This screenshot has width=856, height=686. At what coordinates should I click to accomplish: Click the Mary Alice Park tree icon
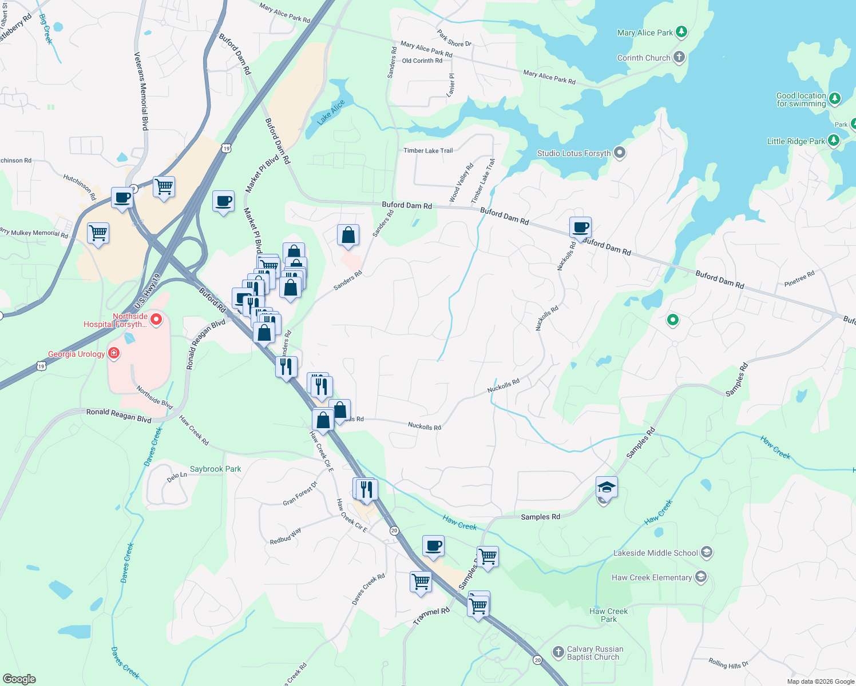click(681, 31)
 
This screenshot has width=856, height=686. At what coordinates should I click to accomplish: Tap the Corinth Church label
click(643, 58)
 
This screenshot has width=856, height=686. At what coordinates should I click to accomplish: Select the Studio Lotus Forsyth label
click(573, 153)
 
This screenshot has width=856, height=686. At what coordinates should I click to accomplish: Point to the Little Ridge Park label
click(796, 141)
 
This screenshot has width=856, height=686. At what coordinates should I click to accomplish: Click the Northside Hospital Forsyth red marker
click(156, 319)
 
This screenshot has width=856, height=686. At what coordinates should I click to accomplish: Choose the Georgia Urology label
click(76, 354)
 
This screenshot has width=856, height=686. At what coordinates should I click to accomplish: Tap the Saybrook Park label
click(215, 469)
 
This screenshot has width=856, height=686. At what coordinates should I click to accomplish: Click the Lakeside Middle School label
click(655, 553)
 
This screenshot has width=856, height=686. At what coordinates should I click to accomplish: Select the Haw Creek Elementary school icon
click(701, 577)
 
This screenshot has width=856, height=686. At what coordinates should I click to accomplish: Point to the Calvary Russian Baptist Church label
click(595, 653)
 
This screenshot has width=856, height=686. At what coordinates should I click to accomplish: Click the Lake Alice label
click(331, 112)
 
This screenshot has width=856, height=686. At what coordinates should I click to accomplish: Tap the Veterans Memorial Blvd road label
click(141, 91)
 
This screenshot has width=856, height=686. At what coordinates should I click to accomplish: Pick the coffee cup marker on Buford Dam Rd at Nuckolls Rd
click(580, 227)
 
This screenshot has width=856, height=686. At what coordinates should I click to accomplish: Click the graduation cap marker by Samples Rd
click(607, 487)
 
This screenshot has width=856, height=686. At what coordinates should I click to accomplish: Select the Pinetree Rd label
click(799, 279)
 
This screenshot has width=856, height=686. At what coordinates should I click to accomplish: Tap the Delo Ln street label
click(177, 476)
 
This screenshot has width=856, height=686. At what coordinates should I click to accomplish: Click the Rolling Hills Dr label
click(728, 663)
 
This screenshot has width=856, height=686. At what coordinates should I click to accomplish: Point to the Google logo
click(19, 679)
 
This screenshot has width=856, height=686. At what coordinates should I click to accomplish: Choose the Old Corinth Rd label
click(422, 61)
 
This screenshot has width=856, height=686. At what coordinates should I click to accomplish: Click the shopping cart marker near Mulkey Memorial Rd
click(98, 233)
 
